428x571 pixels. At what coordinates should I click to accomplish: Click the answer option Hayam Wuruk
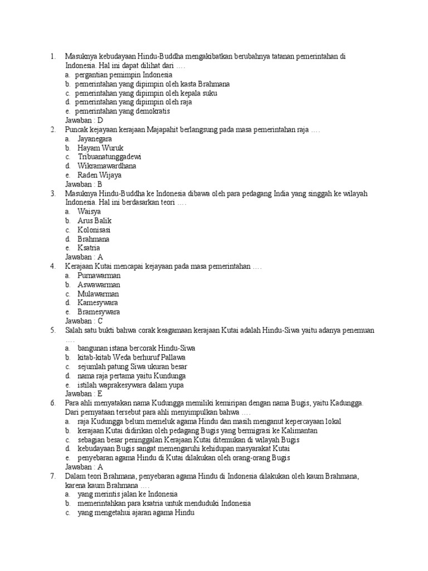coord(100,148)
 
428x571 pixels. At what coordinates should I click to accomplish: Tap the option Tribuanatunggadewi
coord(109,157)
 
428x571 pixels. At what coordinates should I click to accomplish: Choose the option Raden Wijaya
coord(99,175)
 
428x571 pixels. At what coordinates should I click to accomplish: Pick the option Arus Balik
coord(95,221)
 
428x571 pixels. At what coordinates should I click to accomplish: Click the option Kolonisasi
coord(94,230)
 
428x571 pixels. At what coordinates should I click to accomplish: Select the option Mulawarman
coord(98,294)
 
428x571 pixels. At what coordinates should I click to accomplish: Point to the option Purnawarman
coord(99,275)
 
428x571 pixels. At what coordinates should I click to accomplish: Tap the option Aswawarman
coord(99,284)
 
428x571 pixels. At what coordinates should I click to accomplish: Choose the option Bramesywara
coord(99,312)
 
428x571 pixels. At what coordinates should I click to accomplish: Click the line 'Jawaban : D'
coord(84,120)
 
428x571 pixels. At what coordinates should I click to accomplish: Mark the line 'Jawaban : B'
coord(84,184)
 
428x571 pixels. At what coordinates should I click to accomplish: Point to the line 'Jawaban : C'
coord(84,321)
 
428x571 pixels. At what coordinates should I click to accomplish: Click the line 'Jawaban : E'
coord(84,394)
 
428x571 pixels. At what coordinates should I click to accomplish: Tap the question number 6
coord(52,403)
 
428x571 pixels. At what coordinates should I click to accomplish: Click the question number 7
coord(52,476)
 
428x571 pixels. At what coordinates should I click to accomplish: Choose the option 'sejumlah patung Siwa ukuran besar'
coord(132,366)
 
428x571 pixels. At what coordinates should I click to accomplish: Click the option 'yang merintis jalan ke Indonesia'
coord(128,494)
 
